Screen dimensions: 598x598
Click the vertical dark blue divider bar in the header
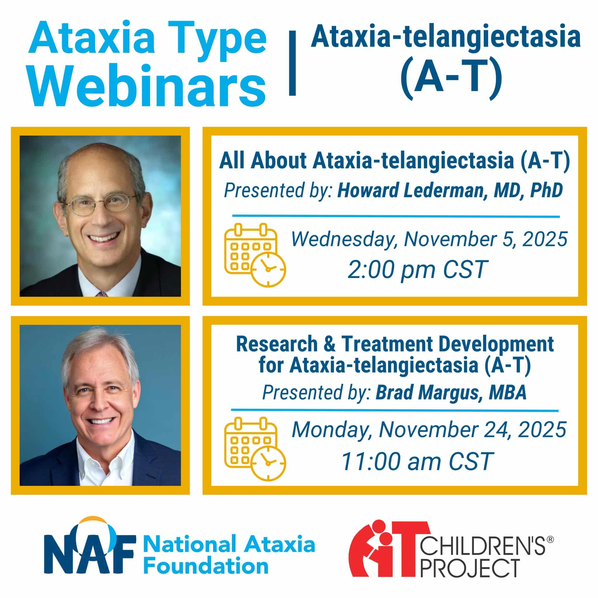click(x=292, y=63)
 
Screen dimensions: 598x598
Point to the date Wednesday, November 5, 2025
click(x=429, y=239)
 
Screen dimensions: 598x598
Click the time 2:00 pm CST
click(x=418, y=270)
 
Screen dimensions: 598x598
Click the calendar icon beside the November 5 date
click(x=255, y=255)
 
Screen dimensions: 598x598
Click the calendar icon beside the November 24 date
click(x=255, y=449)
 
